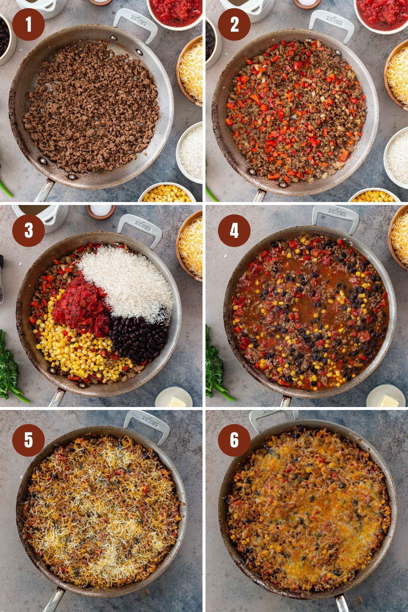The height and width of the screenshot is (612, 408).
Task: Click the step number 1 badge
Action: pyautogui.click(x=29, y=25)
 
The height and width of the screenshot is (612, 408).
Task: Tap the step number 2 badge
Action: pyautogui.click(x=234, y=25)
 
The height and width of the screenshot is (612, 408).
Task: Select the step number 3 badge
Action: pyautogui.click(x=29, y=230)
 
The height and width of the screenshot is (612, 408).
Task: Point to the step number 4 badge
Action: pyautogui.click(x=234, y=230)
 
